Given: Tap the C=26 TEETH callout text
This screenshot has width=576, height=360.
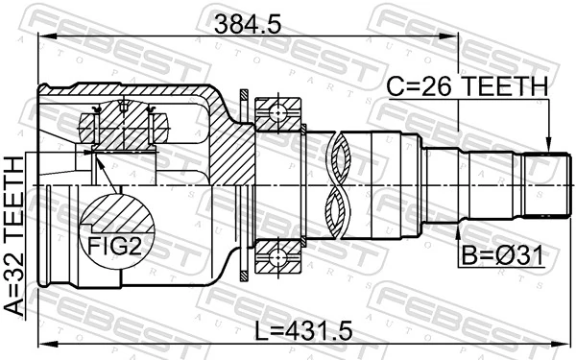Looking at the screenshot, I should [x=468, y=88].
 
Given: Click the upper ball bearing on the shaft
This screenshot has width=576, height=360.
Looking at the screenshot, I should [x=278, y=111].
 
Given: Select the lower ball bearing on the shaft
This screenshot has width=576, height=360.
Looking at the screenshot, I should [x=278, y=256].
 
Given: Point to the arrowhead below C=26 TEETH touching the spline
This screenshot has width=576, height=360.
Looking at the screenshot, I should [x=547, y=145].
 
